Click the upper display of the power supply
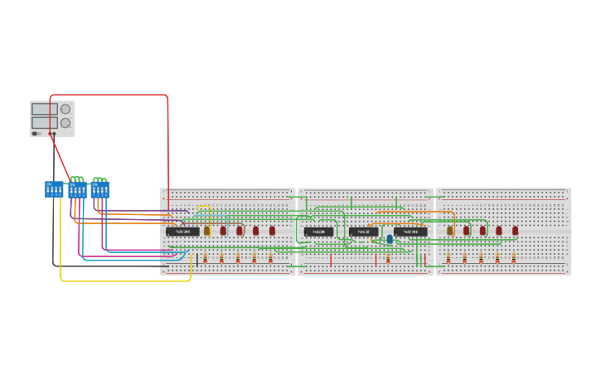pyautogui.click(x=44, y=109)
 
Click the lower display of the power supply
pyautogui.click(x=44, y=123)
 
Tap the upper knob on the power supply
pyautogui.click(x=65, y=109)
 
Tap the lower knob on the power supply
pyautogui.click(x=65, y=123)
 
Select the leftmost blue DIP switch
pyautogui.click(x=54, y=189)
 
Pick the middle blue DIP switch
pyautogui.click(x=77, y=190)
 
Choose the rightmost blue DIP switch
pyautogui.click(x=100, y=190)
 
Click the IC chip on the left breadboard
pyautogui.click(x=182, y=232)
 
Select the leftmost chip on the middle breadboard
pyautogui.click(x=318, y=232)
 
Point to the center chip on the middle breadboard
pyautogui.click(x=363, y=232)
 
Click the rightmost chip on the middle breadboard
pyautogui.click(x=410, y=232)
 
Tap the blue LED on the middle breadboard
pyautogui.click(x=390, y=239)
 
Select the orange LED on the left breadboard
pyautogui.click(x=207, y=231)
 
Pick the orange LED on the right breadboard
pyautogui.click(x=450, y=231)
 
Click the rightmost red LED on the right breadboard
pyautogui.click(x=515, y=231)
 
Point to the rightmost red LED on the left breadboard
pyautogui.click(x=272, y=231)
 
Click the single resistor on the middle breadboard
pyautogui.click(x=388, y=258)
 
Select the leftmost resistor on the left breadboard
pyautogui.click(x=205, y=258)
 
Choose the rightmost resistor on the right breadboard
pyautogui.click(x=513, y=258)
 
